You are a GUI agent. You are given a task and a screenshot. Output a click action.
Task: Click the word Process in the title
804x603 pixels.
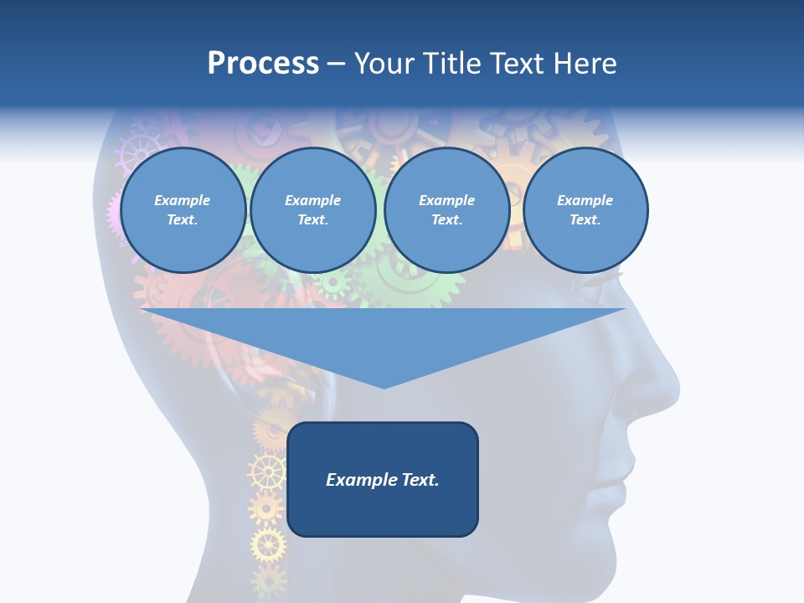263,64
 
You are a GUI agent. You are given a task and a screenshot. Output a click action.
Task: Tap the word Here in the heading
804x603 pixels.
583,64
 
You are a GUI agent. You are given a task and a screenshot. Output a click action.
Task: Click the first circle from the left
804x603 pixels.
183,210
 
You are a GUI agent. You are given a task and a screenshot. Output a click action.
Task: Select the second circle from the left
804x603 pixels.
313,210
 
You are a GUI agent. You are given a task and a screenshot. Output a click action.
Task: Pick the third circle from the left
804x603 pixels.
447,210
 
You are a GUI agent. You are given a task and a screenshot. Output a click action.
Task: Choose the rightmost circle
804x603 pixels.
585,210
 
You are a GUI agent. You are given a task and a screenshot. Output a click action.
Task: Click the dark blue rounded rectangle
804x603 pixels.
383,479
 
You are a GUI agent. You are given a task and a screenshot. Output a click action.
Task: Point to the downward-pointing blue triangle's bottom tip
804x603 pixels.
384,387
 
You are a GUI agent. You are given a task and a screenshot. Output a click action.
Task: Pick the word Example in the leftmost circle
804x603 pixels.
183,200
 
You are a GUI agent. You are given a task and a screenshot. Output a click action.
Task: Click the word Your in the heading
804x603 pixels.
384,64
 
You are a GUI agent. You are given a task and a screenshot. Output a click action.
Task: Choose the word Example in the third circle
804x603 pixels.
447,200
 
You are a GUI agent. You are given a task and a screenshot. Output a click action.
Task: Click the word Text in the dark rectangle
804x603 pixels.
419,480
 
